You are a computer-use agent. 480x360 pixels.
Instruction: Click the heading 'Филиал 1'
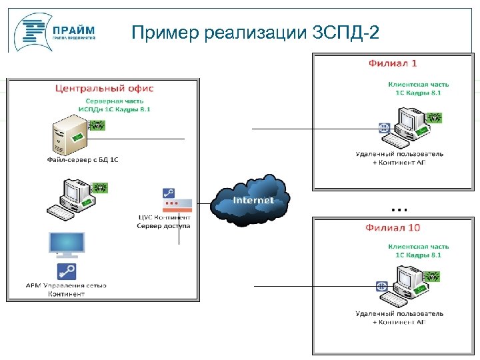click(393, 63)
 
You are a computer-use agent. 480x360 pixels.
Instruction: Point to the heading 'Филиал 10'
click(393, 227)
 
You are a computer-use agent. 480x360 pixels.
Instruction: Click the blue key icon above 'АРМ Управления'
click(67, 271)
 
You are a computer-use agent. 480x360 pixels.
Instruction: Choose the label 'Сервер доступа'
click(163, 226)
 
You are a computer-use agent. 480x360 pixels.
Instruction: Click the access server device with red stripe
click(177, 201)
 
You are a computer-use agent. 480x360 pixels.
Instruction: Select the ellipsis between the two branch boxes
click(399, 209)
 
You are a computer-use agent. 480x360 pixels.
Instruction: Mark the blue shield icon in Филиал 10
click(383, 285)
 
